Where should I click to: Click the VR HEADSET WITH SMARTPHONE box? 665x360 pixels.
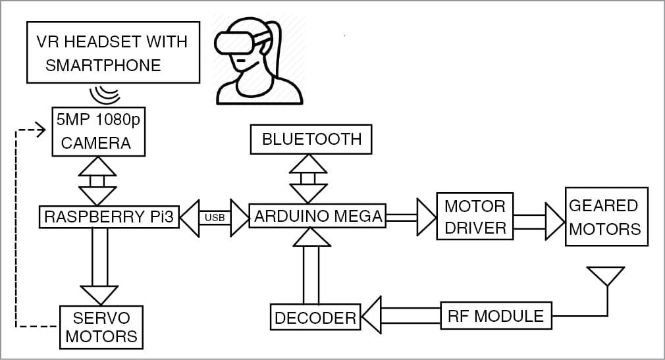coord(112,52)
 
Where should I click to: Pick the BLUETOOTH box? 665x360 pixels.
coord(311,139)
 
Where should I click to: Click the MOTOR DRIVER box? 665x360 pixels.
coord(475,217)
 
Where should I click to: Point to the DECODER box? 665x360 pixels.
coord(315,318)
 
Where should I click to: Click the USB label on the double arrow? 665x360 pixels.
coord(214,217)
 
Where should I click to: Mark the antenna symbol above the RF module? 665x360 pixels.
coord(606,277)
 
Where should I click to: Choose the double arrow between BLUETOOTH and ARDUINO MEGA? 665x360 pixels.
coord(309,178)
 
